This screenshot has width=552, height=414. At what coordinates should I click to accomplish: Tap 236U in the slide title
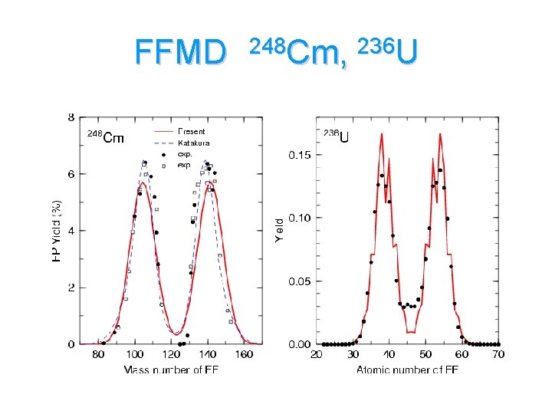(x=388, y=51)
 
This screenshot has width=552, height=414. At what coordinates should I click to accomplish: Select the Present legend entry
(x=191, y=132)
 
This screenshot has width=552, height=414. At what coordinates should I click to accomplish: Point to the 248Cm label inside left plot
(x=104, y=137)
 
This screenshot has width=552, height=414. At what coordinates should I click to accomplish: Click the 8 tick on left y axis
(x=71, y=117)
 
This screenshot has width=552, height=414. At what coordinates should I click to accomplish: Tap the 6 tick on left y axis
(x=71, y=174)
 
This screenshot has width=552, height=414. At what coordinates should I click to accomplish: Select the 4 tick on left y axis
(x=71, y=231)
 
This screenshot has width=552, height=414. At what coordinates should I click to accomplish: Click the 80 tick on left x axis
(x=98, y=355)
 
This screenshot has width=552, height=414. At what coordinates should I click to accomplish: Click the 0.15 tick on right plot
(x=300, y=156)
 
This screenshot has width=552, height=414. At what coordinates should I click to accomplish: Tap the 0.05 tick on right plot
(x=300, y=281)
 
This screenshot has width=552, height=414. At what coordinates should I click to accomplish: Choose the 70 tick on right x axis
(x=499, y=355)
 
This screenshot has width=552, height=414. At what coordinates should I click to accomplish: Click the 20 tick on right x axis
(x=316, y=355)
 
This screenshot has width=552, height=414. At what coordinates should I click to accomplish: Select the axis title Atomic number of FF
(x=407, y=370)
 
